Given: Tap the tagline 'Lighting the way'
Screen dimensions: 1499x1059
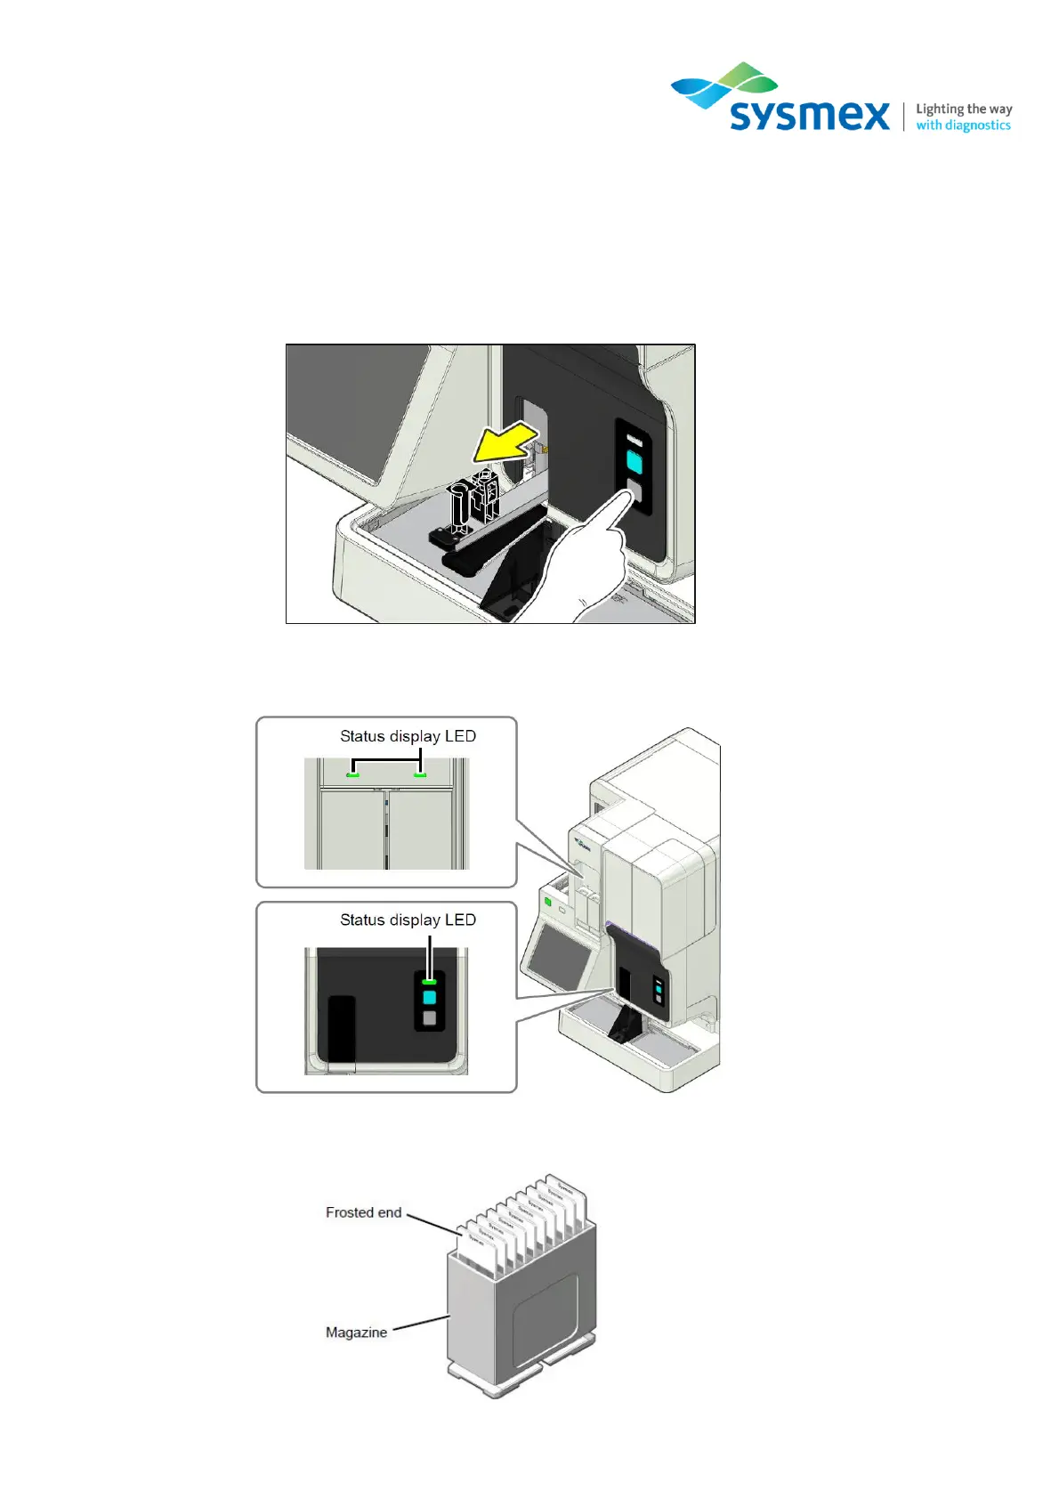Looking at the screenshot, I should click(x=964, y=109).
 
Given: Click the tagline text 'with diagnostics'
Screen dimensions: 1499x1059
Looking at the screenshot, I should click(x=963, y=126).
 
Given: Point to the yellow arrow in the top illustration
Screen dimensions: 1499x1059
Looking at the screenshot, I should click(x=505, y=443).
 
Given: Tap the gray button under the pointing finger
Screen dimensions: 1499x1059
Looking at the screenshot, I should click(x=634, y=491).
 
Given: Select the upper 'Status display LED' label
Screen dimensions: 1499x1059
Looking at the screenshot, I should click(x=408, y=736).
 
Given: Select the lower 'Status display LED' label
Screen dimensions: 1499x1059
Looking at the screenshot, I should click(x=408, y=920).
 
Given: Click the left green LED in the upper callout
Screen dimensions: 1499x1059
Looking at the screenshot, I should click(x=352, y=774).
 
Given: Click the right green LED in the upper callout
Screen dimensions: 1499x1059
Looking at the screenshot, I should click(x=420, y=774).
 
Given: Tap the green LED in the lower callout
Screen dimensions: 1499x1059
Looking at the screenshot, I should click(x=429, y=981).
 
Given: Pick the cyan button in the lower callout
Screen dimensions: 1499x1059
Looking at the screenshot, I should click(x=430, y=998).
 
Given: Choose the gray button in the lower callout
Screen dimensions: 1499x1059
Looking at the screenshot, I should click(x=430, y=1018).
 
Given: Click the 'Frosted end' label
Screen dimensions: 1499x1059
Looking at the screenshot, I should click(x=363, y=1212).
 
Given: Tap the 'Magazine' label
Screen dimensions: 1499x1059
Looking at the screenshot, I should click(x=356, y=1333).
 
